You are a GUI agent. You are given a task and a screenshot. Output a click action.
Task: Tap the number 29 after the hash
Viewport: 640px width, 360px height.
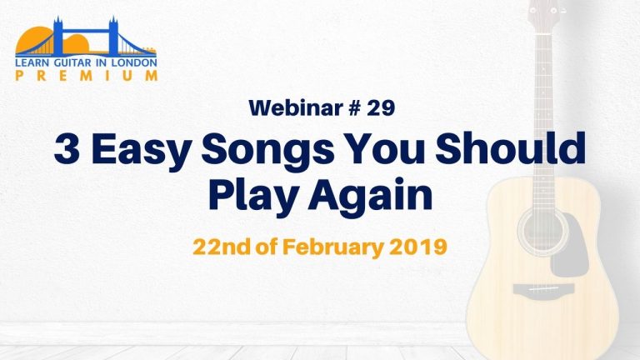(x=381, y=107)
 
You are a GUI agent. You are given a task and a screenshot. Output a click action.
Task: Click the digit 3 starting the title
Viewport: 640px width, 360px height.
(x=67, y=148)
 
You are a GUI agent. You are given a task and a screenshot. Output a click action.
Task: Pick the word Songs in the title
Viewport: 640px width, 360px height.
(x=268, y=152)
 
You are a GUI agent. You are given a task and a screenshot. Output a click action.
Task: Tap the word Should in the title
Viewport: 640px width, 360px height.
(x=510, y=147)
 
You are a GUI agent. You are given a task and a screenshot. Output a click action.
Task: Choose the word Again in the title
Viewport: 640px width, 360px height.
(x=370, y=196)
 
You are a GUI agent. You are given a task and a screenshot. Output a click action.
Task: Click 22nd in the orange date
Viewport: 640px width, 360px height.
(x=221, y=247)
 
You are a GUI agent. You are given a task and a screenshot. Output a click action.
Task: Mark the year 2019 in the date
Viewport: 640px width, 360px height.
(x=418, y=247)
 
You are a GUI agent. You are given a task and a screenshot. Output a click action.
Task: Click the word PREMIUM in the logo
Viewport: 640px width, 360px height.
(x=86, y=76)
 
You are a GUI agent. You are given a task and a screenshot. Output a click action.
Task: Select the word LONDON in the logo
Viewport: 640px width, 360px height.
(x=139, y=62)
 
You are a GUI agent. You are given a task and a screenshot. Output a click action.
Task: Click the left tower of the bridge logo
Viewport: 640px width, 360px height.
(x=58, y=36)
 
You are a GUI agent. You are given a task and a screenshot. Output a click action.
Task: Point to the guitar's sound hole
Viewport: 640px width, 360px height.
(x=542, y=232)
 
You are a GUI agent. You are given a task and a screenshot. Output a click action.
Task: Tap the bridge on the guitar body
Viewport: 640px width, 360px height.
(x=543, y=289)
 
